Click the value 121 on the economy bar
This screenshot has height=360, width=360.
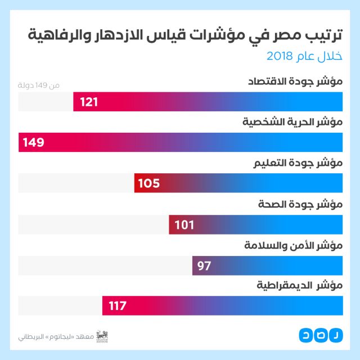pyautogui.click(x=89, y=102)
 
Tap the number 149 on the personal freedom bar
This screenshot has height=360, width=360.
pyautogui.click(x=34, y=143)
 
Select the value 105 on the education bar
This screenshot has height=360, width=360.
pyautogui.click(x=149, y=183)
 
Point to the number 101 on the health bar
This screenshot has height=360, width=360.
pyautogui.click(x=184, y=225)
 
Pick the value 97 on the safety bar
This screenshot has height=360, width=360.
pyautogui.click(x=204, y=265)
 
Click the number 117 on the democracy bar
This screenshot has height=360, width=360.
pyautogui.click(x=118, y=307)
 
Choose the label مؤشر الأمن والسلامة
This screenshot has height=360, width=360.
pyautogui.click(x=294, y=246)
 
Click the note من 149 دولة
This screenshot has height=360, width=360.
pyautogui.click(x=39, y=85)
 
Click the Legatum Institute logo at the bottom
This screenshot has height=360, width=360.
pyautogui.click(x=102, y=336)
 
